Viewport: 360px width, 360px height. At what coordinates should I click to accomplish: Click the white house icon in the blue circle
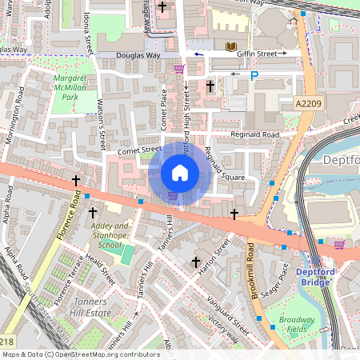pyautogui.click(x=180, y=173)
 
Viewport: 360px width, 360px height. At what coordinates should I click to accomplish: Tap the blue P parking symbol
pyautogui.click(x=254, y=76)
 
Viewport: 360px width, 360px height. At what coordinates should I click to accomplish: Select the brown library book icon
pyautogui.click(x=231, y=48)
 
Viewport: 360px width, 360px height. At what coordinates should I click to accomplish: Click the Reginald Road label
pyautogui.click(x=255, y=134)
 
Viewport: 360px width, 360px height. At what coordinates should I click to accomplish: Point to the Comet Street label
pyautogui.click(x=139, y=150)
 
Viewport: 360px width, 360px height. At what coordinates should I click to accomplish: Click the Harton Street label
pyautogui.click(x=214, y=257)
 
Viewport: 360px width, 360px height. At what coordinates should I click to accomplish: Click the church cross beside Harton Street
pyautogui.click(x=195, y=262)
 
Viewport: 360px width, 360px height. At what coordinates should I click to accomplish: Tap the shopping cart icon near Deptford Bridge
pyautogui.click(x=338, y=244)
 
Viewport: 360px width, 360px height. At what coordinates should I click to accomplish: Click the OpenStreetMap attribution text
pyautogui.click(x=81, y=354)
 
